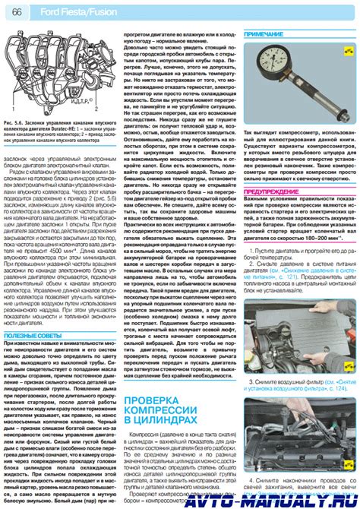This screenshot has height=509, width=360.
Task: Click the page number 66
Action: [15, 13]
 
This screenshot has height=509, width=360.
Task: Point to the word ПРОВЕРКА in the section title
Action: [156, 400]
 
